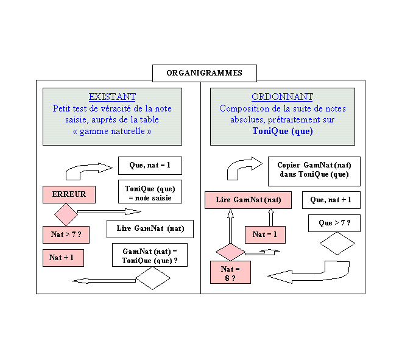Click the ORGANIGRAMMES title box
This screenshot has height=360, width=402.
(204, 73)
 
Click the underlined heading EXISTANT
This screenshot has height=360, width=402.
(112, 97)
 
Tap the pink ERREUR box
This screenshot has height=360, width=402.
(69, 194)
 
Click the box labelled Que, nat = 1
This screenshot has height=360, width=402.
(150, 165)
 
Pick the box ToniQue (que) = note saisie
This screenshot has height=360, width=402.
(150, 192)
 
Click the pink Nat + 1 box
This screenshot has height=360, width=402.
(63, 258)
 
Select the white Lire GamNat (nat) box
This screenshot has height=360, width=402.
(150, 229)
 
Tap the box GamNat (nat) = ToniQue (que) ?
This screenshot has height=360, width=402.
(150, 255)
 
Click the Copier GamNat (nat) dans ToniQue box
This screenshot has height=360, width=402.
(314, 171)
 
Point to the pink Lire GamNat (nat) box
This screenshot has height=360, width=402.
(248, 200)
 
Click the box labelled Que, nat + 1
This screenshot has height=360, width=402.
(331, 200)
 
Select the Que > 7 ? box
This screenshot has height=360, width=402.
(334, 224)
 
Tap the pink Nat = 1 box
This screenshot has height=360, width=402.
(264, 235)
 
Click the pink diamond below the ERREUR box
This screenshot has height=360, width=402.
(66, 214)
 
